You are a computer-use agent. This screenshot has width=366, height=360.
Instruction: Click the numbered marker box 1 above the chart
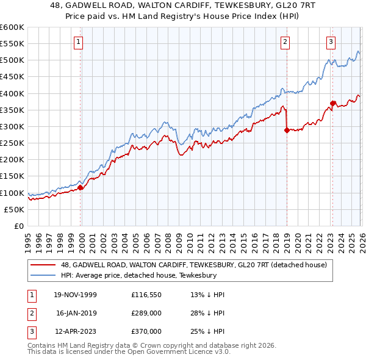click(80, 42)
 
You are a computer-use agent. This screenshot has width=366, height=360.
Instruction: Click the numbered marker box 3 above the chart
click(331, 42)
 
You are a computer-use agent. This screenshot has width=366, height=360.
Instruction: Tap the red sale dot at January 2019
click(287, 130)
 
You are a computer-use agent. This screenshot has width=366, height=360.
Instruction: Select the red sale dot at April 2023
click(332, 103)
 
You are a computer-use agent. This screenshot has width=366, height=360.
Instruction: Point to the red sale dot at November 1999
click(81, 187)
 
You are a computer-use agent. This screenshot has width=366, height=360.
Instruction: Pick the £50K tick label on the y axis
click(14, 209)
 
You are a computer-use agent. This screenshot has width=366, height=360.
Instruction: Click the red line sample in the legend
click(43, 265)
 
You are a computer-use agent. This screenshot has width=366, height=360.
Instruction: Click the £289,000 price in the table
click(146, 313)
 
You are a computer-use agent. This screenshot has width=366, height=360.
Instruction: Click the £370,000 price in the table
click(146, 331)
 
